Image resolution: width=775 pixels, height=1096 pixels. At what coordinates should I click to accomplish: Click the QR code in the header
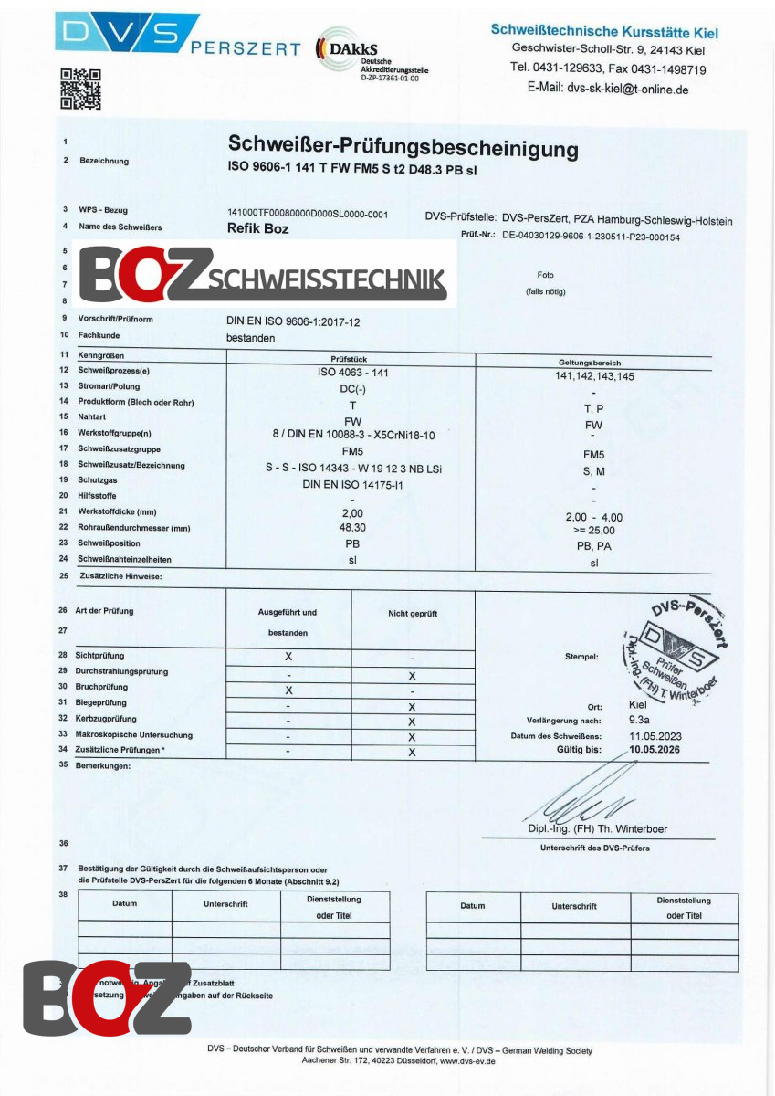pos(80,89)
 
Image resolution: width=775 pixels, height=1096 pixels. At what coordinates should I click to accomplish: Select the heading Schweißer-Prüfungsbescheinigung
pos(403,147)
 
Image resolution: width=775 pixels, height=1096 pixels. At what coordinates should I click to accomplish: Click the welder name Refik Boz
pos(257,228)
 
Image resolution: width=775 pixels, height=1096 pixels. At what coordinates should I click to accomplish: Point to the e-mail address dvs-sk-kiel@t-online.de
pos(608,89)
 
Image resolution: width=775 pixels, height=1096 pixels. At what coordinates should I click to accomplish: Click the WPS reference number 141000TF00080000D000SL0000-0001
pos(308,214)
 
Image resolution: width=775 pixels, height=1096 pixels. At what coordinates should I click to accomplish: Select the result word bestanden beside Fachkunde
pos(250,337)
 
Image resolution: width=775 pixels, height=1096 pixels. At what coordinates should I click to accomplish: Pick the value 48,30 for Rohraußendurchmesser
pos(352,527)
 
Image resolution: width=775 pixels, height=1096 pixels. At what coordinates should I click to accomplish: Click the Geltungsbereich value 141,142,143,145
pos(594,376)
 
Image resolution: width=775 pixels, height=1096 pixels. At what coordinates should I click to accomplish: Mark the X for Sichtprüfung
pos(288,657)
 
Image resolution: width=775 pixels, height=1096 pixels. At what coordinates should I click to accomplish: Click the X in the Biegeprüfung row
pos(412,707)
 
